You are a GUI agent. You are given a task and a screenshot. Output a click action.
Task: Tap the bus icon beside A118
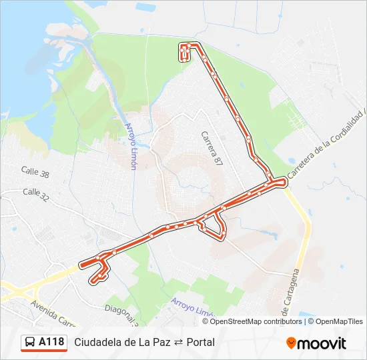coord(30,342)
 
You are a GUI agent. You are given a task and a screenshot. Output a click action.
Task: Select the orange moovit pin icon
coord(291,343)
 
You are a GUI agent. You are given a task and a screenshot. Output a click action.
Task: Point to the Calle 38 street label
coord(35,173)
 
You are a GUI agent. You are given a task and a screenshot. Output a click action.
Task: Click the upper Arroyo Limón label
coord(130,145)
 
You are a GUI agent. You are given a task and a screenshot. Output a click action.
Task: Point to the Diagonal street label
coord(121,311)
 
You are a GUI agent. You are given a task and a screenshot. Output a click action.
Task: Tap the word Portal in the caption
coord(200,342)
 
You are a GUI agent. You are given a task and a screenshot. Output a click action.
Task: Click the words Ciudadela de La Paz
coord(122,342)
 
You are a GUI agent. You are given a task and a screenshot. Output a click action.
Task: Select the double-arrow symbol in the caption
coord(178,342)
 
